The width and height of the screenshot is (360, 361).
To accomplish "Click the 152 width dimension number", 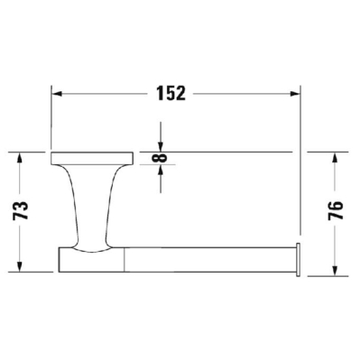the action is click(171, 94).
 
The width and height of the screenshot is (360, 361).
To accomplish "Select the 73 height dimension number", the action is click(21, 210).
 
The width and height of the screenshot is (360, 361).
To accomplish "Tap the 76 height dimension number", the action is click(336, 210).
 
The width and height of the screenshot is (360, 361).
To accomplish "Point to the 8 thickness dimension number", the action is click(160, 158).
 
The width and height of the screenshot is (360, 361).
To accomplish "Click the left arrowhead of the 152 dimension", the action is click(57, 94).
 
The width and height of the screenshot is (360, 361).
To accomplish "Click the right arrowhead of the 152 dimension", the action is click(295, 94).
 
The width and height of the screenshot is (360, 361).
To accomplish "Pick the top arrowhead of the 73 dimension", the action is click(19, 158).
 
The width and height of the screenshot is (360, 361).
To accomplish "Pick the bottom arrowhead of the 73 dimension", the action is click(19, 266).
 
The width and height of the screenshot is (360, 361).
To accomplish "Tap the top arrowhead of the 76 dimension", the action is click(335, 158).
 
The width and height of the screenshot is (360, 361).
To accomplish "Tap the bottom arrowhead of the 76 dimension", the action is click(335, 271).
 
